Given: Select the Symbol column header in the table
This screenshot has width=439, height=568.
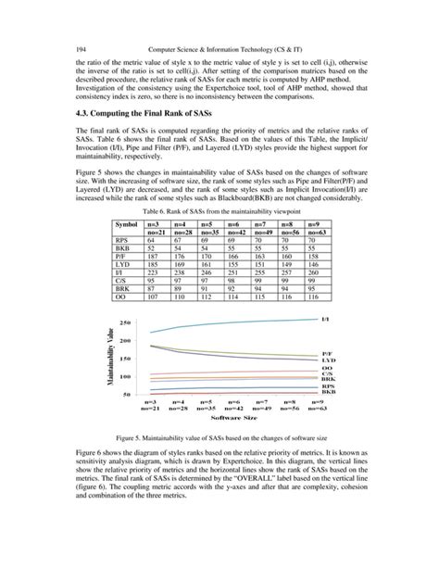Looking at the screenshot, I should coord(126,225).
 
